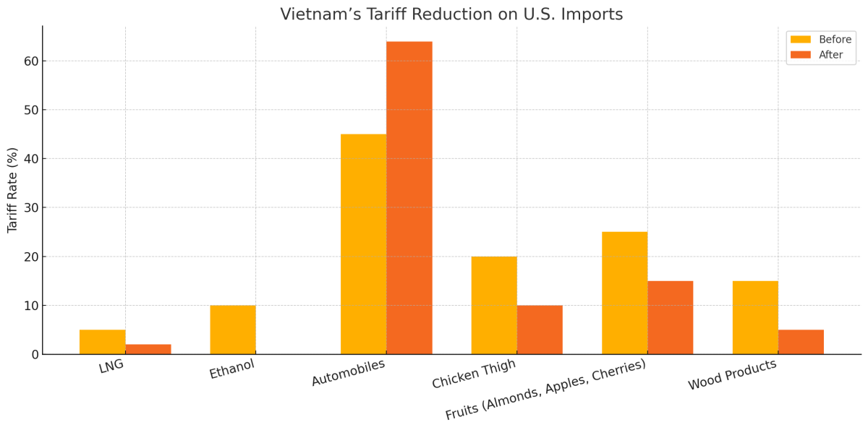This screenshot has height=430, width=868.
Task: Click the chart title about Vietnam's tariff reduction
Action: pyautogui.click(x=451, y=14)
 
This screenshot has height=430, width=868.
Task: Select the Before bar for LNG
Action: pyautogui.click(x=102, y=342)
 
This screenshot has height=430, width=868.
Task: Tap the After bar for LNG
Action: pyautogui.click(x=148, y=349)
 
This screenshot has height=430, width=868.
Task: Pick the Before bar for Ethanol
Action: pyautogui.click(x=233, y=330)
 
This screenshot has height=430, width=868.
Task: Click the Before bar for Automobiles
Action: pyautogui.click(x=363, y=244)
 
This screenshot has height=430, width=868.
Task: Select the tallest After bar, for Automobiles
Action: pyautogui.click(x=409, y=198)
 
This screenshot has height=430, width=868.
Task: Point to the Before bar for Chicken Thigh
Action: pyautogui.click(x=494, y=305)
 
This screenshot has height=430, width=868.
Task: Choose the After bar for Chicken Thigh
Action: pyautogui.click(x=540, y=330)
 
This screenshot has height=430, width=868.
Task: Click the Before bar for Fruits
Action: pyautogui.click(x=624, y=293)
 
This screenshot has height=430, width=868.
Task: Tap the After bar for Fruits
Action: pyautogui.click(x=671, y=317)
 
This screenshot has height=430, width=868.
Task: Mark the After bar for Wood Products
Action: pyautogui.click(x=801, y=342)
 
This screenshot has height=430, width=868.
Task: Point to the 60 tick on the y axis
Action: pyautogui.click(x=30, y=61)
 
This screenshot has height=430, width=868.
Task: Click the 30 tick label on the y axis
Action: pyautogui.click(x=30, y=207)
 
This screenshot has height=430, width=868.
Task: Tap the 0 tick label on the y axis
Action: pyautogui.click(x=34, y=355)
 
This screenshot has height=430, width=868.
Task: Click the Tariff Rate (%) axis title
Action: pyautogui.click(x=13, y=189)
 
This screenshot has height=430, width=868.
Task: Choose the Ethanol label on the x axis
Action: pyautogui.click(x=232, y=369)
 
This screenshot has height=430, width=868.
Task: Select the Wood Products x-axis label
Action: pyautogui.click(x=732, y=374)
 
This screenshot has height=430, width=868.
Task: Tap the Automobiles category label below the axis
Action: pyautogui.click(x=349, y=372)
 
